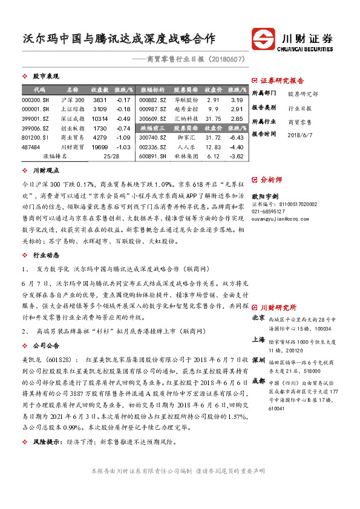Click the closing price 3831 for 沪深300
[100, 99]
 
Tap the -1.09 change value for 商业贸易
[123, 137]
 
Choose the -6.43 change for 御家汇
[237, 137]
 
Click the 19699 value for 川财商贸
[100, 147]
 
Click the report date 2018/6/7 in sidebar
[298, 134]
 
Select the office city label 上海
[258, 340]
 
